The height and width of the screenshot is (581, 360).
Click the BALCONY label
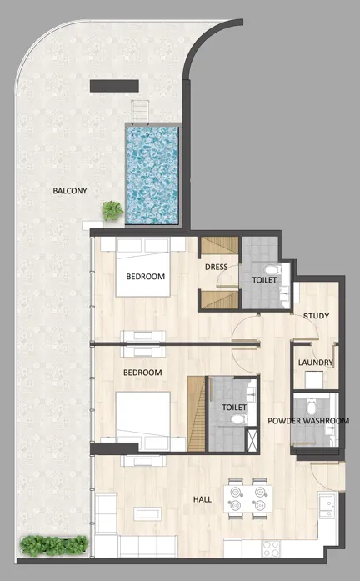[x=70, y=191]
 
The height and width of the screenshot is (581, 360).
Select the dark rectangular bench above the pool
[x=113, y=85]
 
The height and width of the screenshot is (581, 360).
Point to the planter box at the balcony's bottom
[x=53, y=546]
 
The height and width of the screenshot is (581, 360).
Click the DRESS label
[x=217, y=268]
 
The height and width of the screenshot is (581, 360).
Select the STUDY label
[x=316, y=316]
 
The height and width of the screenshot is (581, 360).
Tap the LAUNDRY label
[x=316, y=363]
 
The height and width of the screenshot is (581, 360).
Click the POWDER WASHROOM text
[x=307, y=421]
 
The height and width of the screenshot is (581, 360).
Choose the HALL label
[x=202, y=499]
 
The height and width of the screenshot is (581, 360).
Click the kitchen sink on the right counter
[x=328, y=505]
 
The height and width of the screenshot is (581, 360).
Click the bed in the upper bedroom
[x=143, y=268]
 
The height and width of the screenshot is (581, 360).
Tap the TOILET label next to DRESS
[x=264, y=280]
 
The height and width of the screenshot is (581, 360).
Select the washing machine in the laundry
[x=314, y=379]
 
